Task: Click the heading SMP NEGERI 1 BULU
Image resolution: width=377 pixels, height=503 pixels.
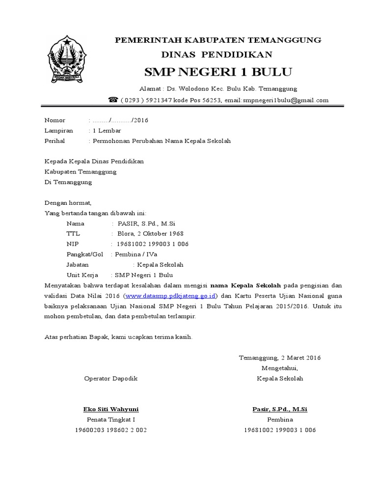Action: (x=218, y=73)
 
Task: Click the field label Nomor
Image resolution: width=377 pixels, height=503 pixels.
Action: (x=54, y=120)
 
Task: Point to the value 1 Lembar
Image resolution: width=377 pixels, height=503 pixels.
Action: (x=106, y=131)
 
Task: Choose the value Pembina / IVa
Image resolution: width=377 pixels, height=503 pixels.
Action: (x=133, y=254)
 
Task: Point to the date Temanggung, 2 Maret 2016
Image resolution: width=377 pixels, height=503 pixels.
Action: (x=280, y=358)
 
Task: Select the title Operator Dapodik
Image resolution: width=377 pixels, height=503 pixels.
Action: (x=111, y=378)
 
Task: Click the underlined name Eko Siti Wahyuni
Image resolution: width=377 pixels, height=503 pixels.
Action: (x=111, y=409)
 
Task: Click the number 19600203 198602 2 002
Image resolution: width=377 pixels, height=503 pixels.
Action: (x=111, y=430)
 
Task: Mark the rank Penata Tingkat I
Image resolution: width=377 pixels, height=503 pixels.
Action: (x=111, y=419)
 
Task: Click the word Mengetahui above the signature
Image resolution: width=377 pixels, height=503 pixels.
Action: (x=280, y=368)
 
